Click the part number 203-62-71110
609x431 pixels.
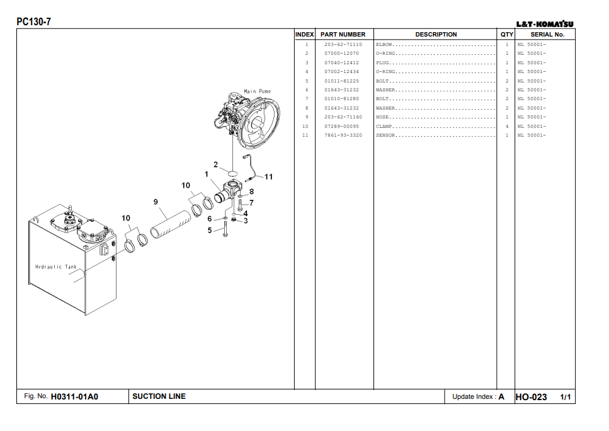tap(343, 45)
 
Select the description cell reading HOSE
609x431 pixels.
tap(383, 117)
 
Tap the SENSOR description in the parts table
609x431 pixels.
tap(385, 135)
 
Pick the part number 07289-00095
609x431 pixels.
tap(341, 126)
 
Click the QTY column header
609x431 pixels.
tap(506, 35)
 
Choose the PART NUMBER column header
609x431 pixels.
tap(343, 35)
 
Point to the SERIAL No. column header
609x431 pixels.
tap(547, 35)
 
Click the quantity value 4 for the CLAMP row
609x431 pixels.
tap(506, 126)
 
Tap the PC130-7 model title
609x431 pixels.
tap(34, 22)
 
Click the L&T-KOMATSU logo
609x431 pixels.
tap(545, 25)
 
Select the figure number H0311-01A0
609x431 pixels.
tap(74, 397)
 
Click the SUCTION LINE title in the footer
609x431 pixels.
tap(159, 396)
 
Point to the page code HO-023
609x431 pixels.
tap(531, 397)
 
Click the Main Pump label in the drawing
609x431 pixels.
tap(258, 92)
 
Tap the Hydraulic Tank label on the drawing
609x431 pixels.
tap(56, 267)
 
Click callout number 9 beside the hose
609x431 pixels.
tap(156, 202)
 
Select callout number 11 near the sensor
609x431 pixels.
tap(269, 176)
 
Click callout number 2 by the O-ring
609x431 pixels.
tap(215, 165)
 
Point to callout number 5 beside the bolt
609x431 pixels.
tap(210, 231)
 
